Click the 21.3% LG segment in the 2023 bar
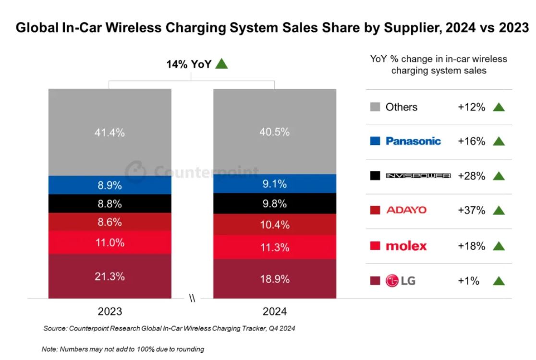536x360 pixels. click(110, 276)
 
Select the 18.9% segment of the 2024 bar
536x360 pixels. click(275, 279)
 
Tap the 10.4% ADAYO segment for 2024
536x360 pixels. click(275, 225)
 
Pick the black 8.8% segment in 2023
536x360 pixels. click(110, 204)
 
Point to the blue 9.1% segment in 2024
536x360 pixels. click(275, 184)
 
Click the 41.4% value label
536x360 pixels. click(110, 133)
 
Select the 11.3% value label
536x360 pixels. click(275, 248)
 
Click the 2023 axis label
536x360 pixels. click(110, 312)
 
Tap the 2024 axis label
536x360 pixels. click(275, 312)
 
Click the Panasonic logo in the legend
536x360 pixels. click(413, 141)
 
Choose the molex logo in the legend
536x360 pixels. click(406, 246)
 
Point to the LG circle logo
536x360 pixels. click(392, 281)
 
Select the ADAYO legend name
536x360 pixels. click(406, 210)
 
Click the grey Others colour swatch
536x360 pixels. click(376, 107)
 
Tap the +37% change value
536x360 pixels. click(471, 210)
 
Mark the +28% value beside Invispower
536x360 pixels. click(471, 176)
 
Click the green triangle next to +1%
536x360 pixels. click(499, 281)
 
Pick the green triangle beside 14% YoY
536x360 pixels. click(221, 63)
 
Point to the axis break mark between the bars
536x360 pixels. click(192, 299)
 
